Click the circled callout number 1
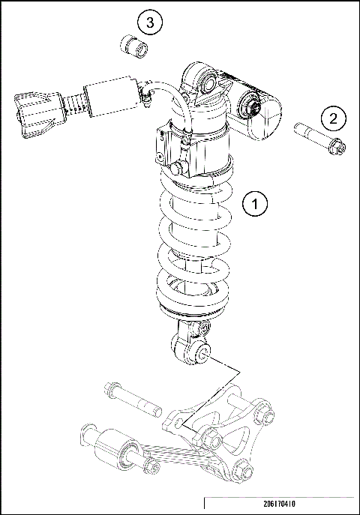(x=256, y=202)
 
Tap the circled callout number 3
(x=150, y=23)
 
